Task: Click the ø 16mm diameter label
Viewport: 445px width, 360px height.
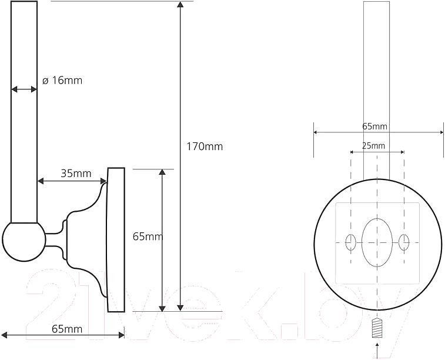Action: [x=62, y=81]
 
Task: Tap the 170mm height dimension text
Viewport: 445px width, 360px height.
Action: [x=205, y=146]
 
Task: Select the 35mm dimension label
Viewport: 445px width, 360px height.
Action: [x=76, y=173]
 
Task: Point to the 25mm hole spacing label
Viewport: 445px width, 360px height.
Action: [x=373, y=146]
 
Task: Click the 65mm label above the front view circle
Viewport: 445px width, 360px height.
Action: [x=374, y=126]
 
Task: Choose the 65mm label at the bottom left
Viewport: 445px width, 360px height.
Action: [x=67, y=329]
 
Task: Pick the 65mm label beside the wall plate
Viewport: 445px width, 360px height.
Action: [x=148, y=236]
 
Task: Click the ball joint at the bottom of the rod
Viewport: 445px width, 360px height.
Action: [x=24, y=241]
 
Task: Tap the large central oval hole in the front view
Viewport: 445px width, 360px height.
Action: [x=377, y=242]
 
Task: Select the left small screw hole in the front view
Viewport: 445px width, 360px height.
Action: [x=351, y=242]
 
